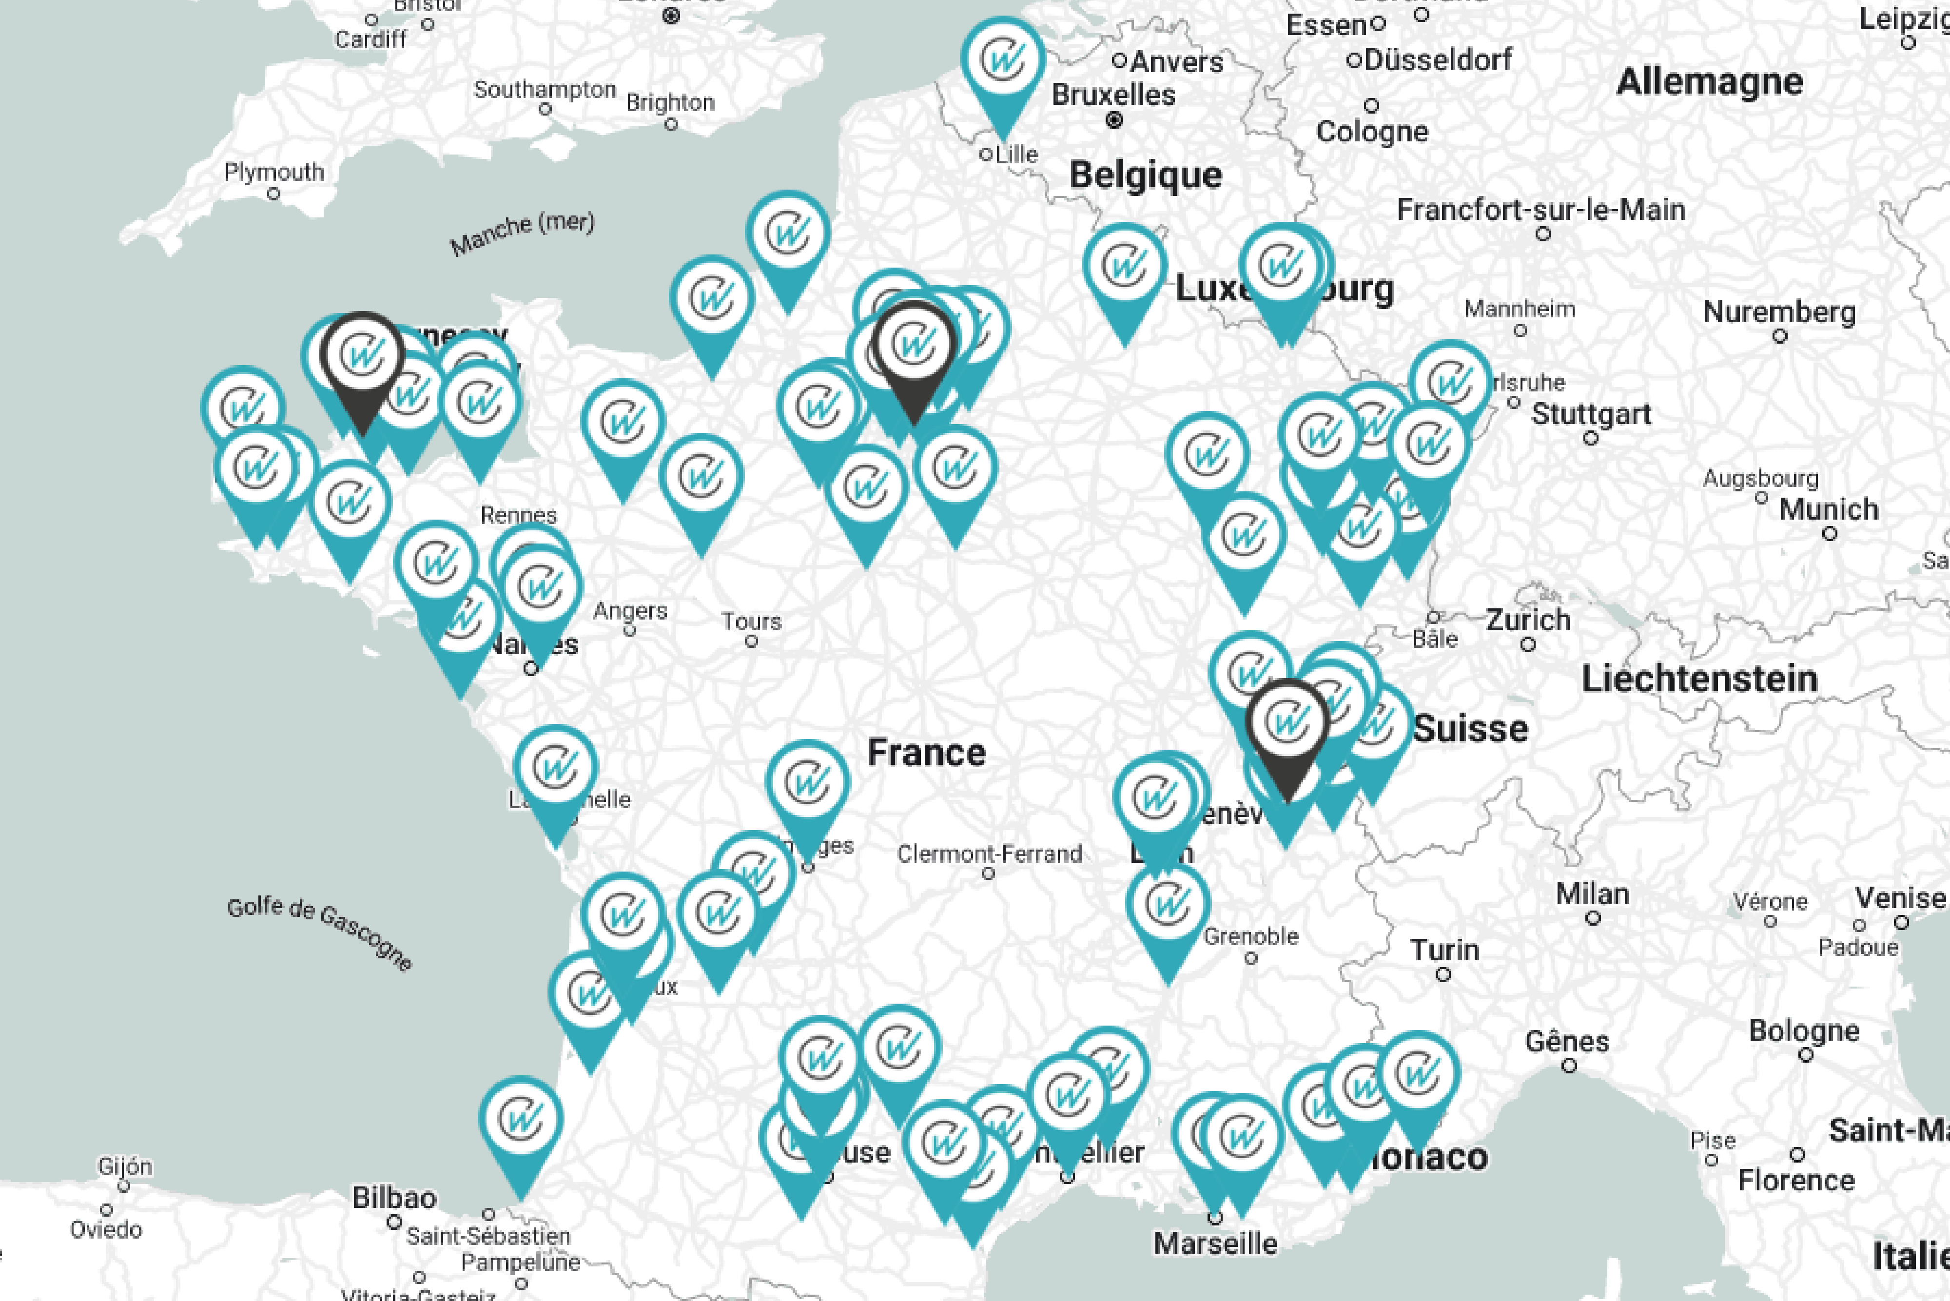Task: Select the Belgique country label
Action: click(1145, 175)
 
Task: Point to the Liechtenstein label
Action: click(1699, 679)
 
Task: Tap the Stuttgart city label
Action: click(1591, 414)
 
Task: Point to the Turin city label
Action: click(1444, 950)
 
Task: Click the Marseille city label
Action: click(1215, 1244)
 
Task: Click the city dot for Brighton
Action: click(670, 124)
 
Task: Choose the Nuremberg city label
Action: click(1779, 312)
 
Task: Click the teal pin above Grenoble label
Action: click(1168, 910)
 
